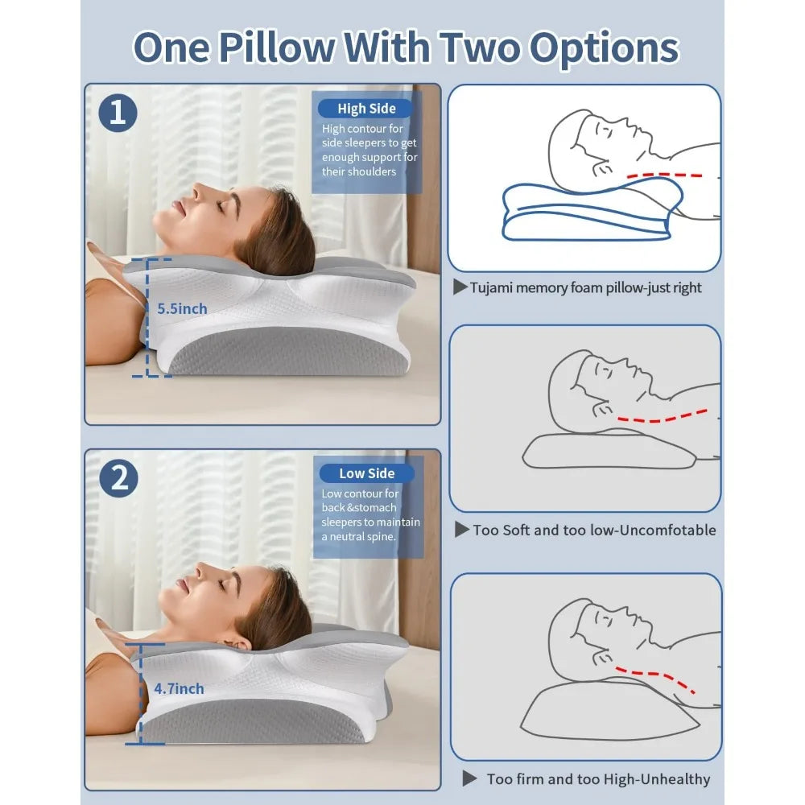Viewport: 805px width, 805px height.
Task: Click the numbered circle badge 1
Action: tap(118, 113)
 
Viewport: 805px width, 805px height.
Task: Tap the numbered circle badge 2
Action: tap(118, 478)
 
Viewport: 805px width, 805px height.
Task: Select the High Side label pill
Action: tap(366, 109)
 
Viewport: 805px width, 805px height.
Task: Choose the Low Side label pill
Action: tap(366, 473)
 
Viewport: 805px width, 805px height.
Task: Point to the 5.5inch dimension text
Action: tap(182, 308)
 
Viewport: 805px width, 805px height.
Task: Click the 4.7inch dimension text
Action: tap(180, 688)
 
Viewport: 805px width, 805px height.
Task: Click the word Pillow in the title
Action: tap(277, 47)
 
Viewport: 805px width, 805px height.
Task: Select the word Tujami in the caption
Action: tap(491, 288)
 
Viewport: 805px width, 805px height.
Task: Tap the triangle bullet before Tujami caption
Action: tap(460, 287)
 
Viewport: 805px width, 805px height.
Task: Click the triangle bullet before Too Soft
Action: tap(462, 530)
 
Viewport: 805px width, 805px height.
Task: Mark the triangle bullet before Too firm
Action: tap(469, 778)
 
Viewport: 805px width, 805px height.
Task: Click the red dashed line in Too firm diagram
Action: tap(655, 677)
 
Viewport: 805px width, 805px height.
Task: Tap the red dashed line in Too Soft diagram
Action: tap(662, 418)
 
